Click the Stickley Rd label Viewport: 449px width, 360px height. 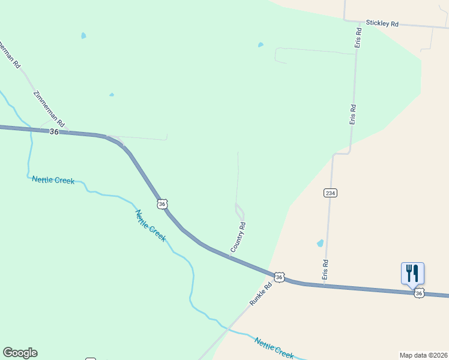pos(382,24)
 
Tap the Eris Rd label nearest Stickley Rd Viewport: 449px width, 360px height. pos(358,37)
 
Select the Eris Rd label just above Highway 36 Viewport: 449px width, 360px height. pos(325,270)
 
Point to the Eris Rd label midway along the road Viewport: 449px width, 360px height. pos(354,115)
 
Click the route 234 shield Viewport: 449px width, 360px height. pos(330,193)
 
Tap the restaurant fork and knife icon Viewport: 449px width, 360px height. pos(412,272)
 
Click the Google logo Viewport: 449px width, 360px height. pos(20,353)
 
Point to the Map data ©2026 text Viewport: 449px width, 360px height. pos(423,355)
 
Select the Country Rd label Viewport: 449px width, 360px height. pos(238,237)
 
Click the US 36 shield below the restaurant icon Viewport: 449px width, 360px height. pos(419,293)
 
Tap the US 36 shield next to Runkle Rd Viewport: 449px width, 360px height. pos(279,277)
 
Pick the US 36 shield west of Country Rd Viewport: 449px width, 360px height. pos(161,204)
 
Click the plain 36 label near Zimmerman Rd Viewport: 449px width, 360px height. pos(54,132)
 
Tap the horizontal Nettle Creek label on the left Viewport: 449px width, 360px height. pos(53,180)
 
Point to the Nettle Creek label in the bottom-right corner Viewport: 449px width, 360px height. pos(274,348)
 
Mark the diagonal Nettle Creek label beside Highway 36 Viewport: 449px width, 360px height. pos(150,226)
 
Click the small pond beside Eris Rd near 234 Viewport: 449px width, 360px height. pos(320,244)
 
